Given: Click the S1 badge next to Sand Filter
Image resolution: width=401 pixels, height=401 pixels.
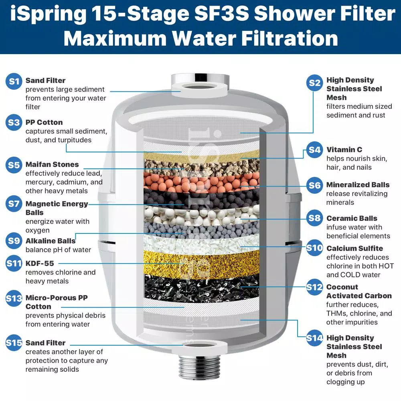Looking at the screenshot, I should coord(14,81).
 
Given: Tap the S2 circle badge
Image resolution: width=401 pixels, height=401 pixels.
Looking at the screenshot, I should coord(315,83).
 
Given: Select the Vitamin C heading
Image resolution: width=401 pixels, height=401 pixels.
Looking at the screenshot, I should coord(344,150).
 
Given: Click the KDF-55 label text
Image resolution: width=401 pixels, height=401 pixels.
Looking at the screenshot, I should coord(39,263).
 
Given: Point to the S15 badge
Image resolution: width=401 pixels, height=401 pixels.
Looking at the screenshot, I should coord(14,343).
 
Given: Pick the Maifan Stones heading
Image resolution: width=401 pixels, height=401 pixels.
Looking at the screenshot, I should coord(52,164).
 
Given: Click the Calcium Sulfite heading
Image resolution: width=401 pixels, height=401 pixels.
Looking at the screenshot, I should coord(354,248).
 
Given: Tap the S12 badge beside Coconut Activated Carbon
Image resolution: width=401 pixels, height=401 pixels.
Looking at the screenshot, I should coord(314,287).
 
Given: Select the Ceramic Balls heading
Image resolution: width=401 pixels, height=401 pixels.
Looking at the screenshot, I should coord(352,218).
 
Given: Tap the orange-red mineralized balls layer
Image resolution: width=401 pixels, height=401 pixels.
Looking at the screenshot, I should coord(200,180).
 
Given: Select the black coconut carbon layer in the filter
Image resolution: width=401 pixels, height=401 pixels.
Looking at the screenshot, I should coord(200,287).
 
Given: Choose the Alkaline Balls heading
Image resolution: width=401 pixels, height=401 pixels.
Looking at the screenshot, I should coord(51,241).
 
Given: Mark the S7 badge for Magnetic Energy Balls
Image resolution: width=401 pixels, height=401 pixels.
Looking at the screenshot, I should coord(14,204).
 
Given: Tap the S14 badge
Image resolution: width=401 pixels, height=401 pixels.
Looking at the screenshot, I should coord(314,338).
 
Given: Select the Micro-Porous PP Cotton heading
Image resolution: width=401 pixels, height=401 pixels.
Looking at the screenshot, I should coord(56,302).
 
